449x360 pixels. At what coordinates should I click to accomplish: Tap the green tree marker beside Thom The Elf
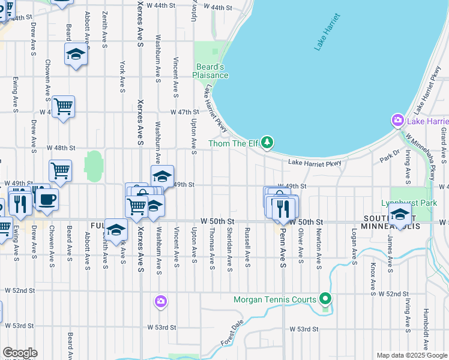(268, 143)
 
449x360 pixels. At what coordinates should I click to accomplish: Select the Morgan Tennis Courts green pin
(325, 298)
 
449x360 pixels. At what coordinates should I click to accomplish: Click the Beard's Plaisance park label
(210, 71)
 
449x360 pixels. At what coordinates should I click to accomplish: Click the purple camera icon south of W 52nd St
(160, 301)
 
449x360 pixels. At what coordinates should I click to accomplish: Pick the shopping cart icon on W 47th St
(63, 107)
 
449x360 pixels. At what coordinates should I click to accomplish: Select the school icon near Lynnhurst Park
(400, 214)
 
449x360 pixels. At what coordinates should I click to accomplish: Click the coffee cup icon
(47, 199)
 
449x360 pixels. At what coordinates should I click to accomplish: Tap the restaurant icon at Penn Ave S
(285, 208)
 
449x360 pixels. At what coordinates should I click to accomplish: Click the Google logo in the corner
(19, 353)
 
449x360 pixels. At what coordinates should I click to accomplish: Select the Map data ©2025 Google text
(412, 355)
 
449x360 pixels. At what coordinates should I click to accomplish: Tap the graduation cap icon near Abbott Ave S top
(76, 55)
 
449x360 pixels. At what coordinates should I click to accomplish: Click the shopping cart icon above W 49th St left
(60, 171)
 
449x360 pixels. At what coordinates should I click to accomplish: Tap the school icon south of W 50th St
(116, 230)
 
